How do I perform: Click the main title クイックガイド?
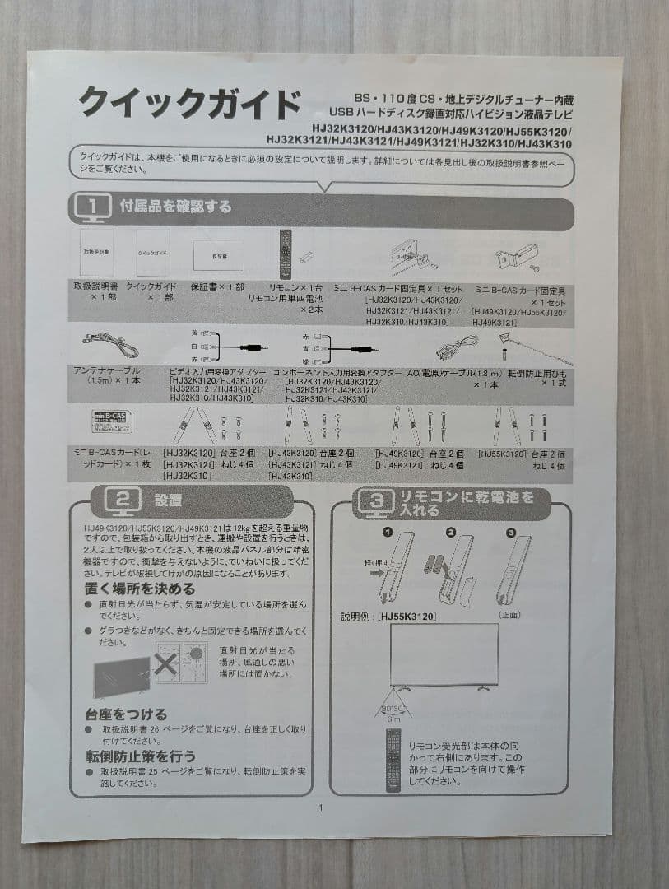188,105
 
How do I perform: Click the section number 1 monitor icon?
92,207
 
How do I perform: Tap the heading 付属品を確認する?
176,206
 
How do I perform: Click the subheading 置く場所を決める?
139,589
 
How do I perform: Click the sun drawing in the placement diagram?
197,656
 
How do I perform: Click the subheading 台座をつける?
125,714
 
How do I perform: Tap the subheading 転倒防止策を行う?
140,755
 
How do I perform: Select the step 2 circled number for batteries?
450,533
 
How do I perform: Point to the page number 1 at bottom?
321,807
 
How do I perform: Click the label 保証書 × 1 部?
216,286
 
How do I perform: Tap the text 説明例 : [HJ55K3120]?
388,615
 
